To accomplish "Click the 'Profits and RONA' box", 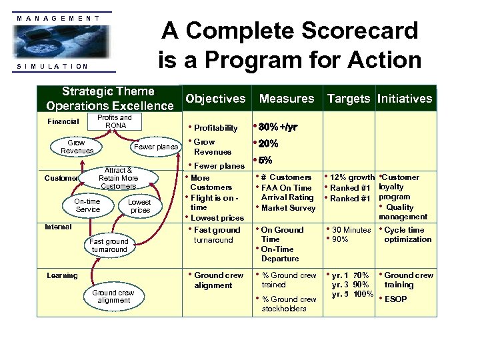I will (x=115, y=121).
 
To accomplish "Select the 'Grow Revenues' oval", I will (x=77, y=147).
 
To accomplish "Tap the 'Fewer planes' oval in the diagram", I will (x=156, y=147).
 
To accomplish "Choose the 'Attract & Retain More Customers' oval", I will (x=118, y=178).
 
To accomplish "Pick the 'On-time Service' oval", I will (x=87, y=205).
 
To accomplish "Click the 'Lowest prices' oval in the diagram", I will (x=139, y=206).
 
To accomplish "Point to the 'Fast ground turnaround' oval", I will (x=109, y=245).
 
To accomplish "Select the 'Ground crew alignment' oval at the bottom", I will (x=113, y=297).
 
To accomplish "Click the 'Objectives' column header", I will (x=215, y=99).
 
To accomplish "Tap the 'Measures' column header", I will (x=287, y=99).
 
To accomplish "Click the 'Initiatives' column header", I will (x=405, y=99).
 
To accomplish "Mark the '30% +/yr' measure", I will (x=278, y=127).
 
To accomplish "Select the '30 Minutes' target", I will (x=351, y=230).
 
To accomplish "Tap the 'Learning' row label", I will (x=62, y=275).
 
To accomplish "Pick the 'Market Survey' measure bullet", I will (x=288, y=208).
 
